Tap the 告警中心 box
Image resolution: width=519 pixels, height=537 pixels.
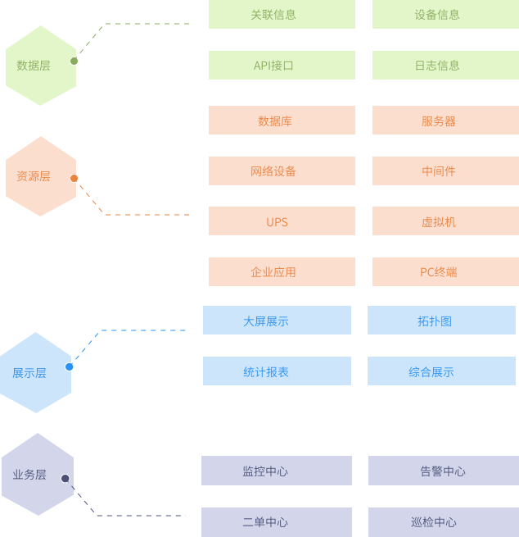coord(443,471)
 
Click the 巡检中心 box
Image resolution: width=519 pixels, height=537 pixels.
coord(443,522)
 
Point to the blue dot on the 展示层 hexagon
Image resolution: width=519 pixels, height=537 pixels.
coord(70,366)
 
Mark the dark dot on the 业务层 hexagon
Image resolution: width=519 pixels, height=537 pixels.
coord(65,478)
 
